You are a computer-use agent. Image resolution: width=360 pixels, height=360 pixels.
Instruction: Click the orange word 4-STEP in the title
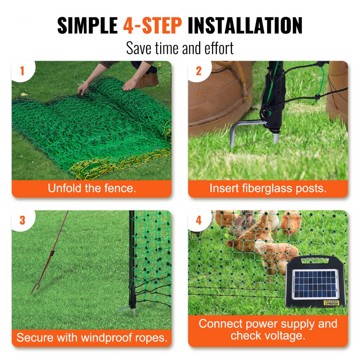coord(153,26)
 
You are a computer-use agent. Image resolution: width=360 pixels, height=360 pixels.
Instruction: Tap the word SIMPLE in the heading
coord(87,26)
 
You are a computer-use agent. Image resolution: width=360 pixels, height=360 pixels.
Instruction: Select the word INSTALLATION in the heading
coord(245,26)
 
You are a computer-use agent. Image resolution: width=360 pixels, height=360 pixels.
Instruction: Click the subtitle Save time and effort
coord(180,48)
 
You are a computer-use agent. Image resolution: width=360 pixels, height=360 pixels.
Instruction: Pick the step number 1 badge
coord(22,71)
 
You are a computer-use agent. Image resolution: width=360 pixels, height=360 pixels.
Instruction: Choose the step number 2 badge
coord(199,71)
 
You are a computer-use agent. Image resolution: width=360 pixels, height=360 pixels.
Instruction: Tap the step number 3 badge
coord(22,220)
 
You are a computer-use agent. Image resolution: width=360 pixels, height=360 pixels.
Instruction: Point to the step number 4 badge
coord(199,220)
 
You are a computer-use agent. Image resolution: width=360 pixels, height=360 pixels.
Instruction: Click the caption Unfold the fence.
coord(92,188)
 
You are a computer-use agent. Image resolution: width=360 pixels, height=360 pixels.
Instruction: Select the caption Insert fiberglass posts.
coord(268,188)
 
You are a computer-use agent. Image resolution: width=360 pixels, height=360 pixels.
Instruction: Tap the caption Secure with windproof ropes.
coord(92,338)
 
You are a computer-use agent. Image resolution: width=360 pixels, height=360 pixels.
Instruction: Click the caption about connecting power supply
coord(268,330)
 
